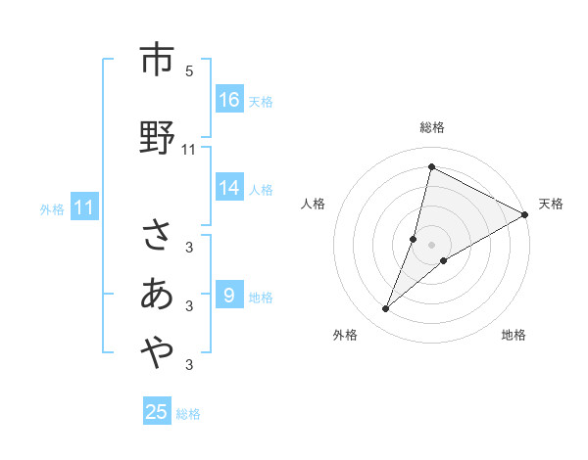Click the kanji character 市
[x=156, y=60]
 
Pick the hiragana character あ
[x=156, y=293]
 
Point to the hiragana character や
[x=156, y=352]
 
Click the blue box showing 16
[x=229, y=100]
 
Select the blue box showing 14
[x=229, y=188]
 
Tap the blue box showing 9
[x=229, y=295]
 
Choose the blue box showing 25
[x=157, y=412]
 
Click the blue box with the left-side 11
[x=84, y=207]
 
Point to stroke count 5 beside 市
[x=189, y=70]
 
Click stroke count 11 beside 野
[x=189, y=149]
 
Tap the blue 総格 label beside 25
[x=188, y=414]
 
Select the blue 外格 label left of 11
[x=52, y=208]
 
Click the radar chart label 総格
[x=432, y=127]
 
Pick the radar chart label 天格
[x=551, y=204]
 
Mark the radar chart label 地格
[x=514, y=335]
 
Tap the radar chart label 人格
[x=314, y=204]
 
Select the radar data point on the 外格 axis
[x=386, y=309]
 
